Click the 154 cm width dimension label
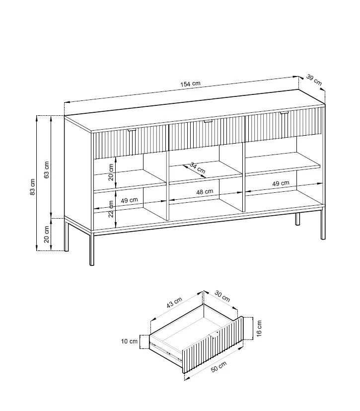pos(190,84)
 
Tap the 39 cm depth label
pos(314,80)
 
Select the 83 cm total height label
pos(32,187)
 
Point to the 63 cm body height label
pos(46,170)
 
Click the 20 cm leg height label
pos(46,234)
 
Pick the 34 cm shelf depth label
pos(198,168)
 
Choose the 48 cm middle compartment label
pos(205,192)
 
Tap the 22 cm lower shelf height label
pos(111,209)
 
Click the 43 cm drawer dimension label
pos(174,303)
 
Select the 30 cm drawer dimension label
pos(222,296)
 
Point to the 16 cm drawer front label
pos(259,328)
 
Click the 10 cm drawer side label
pos(129,341)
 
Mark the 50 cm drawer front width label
pos(218,366)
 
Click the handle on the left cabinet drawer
pos(132,130)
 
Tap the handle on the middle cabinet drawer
pos(208,121)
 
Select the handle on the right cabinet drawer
pos(284,113)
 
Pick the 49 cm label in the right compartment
pos(281,183)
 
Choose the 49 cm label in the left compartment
pos(129,200)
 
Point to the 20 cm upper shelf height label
pos(111,172)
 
